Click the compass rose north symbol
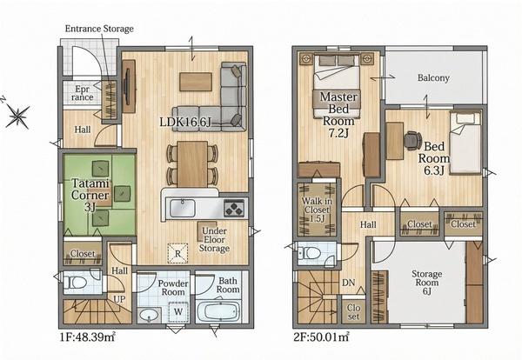tap(17, 116)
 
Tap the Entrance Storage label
tap(99, 29)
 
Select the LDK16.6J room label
tap(185, 122)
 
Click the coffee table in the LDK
tap(196, 82)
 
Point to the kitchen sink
tap(183, 209)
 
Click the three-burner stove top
tap(234, 209)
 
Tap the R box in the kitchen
tap(177, 254)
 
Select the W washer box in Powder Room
tap(178, 312)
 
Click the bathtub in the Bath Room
tap(217, 312)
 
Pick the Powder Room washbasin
tap(149, 315)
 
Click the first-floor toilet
tap(76, 283)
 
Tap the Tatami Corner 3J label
tap(90, 196)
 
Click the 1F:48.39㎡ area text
tap(88, 337)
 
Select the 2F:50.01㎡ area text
tap(321, 337)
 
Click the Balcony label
tap(433, 78)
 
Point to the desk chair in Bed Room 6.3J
tap(412, 140)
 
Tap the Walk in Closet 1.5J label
tap(317, 210)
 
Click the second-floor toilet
tap(311, 253)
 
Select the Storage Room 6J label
tap(427, 283)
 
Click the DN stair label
tap(349, 283)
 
